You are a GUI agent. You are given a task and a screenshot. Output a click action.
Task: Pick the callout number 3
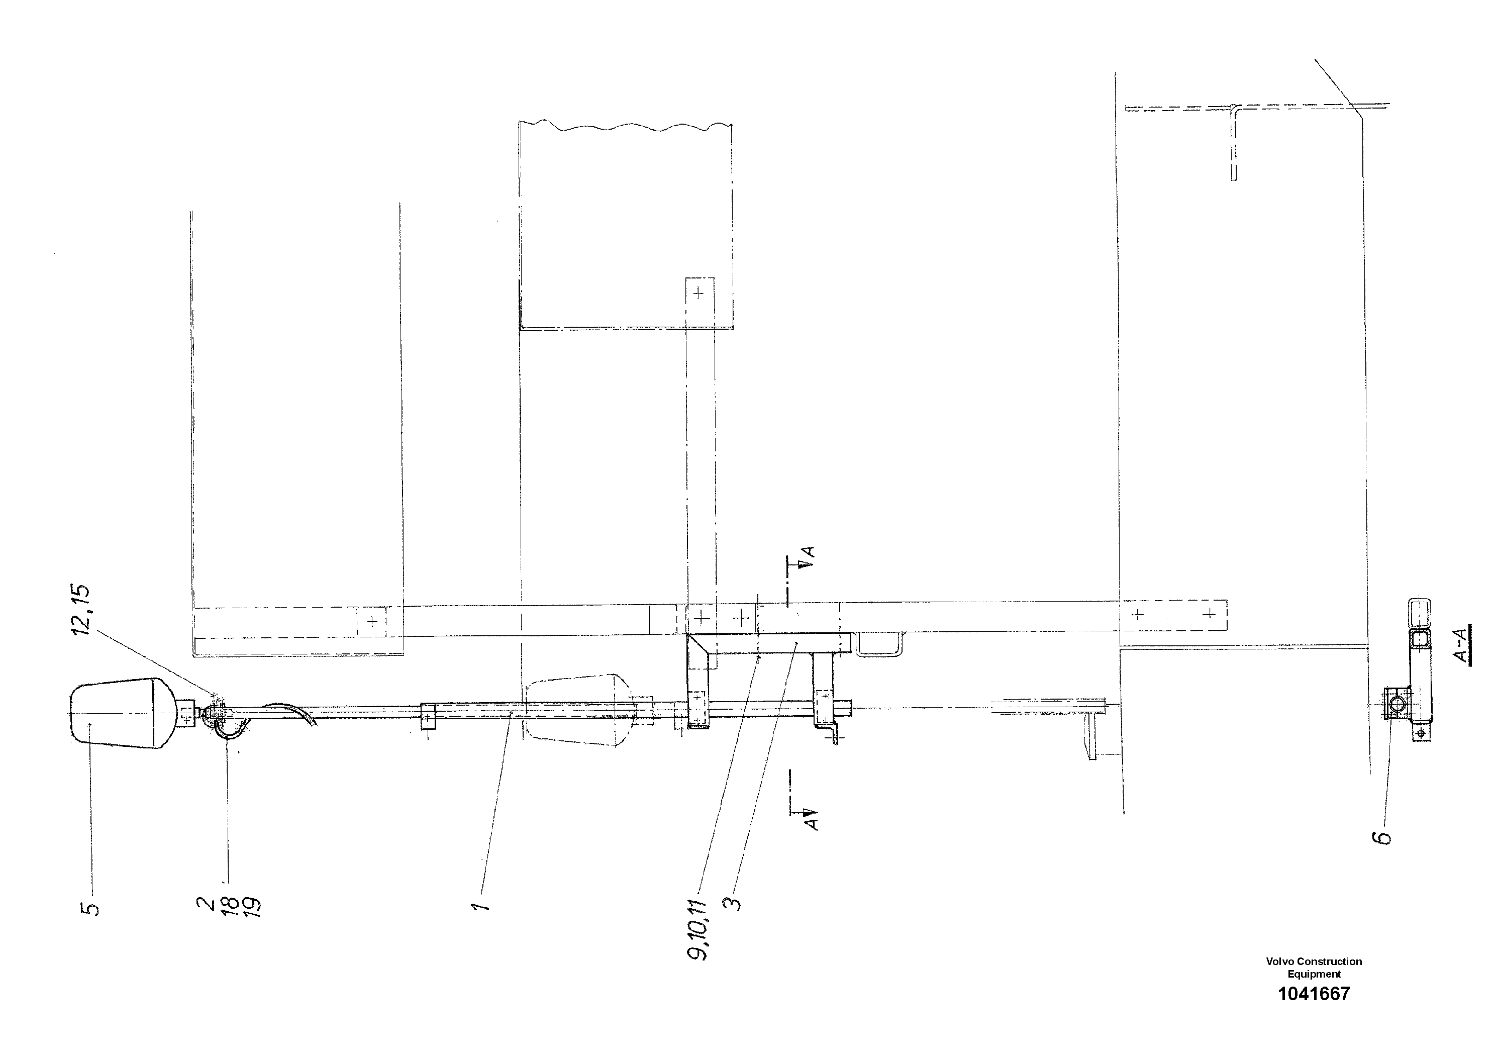(734, 903)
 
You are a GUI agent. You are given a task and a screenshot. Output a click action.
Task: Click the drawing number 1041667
(1314, 1012)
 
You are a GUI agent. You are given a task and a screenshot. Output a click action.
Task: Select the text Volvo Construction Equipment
(1314, 985)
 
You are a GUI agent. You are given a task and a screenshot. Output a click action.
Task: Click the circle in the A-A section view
(1397, 704)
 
